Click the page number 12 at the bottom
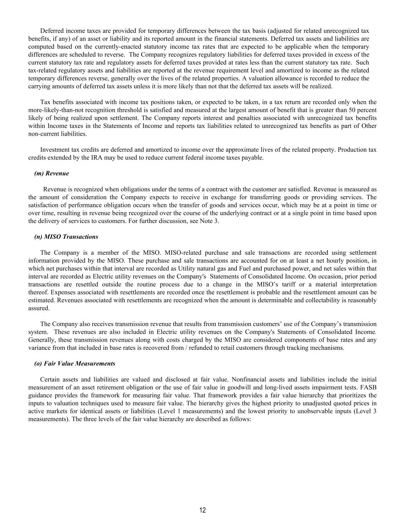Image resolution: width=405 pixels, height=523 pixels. pyautogui.click(x=203, y=510)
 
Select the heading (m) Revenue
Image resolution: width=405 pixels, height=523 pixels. pyautogui.click(x=51, y=173)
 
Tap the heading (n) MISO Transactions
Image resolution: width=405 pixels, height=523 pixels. pyautogui.click(x=66, y=237)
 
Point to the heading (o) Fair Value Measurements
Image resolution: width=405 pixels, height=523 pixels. pyautogui.click(x=74, y=363)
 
